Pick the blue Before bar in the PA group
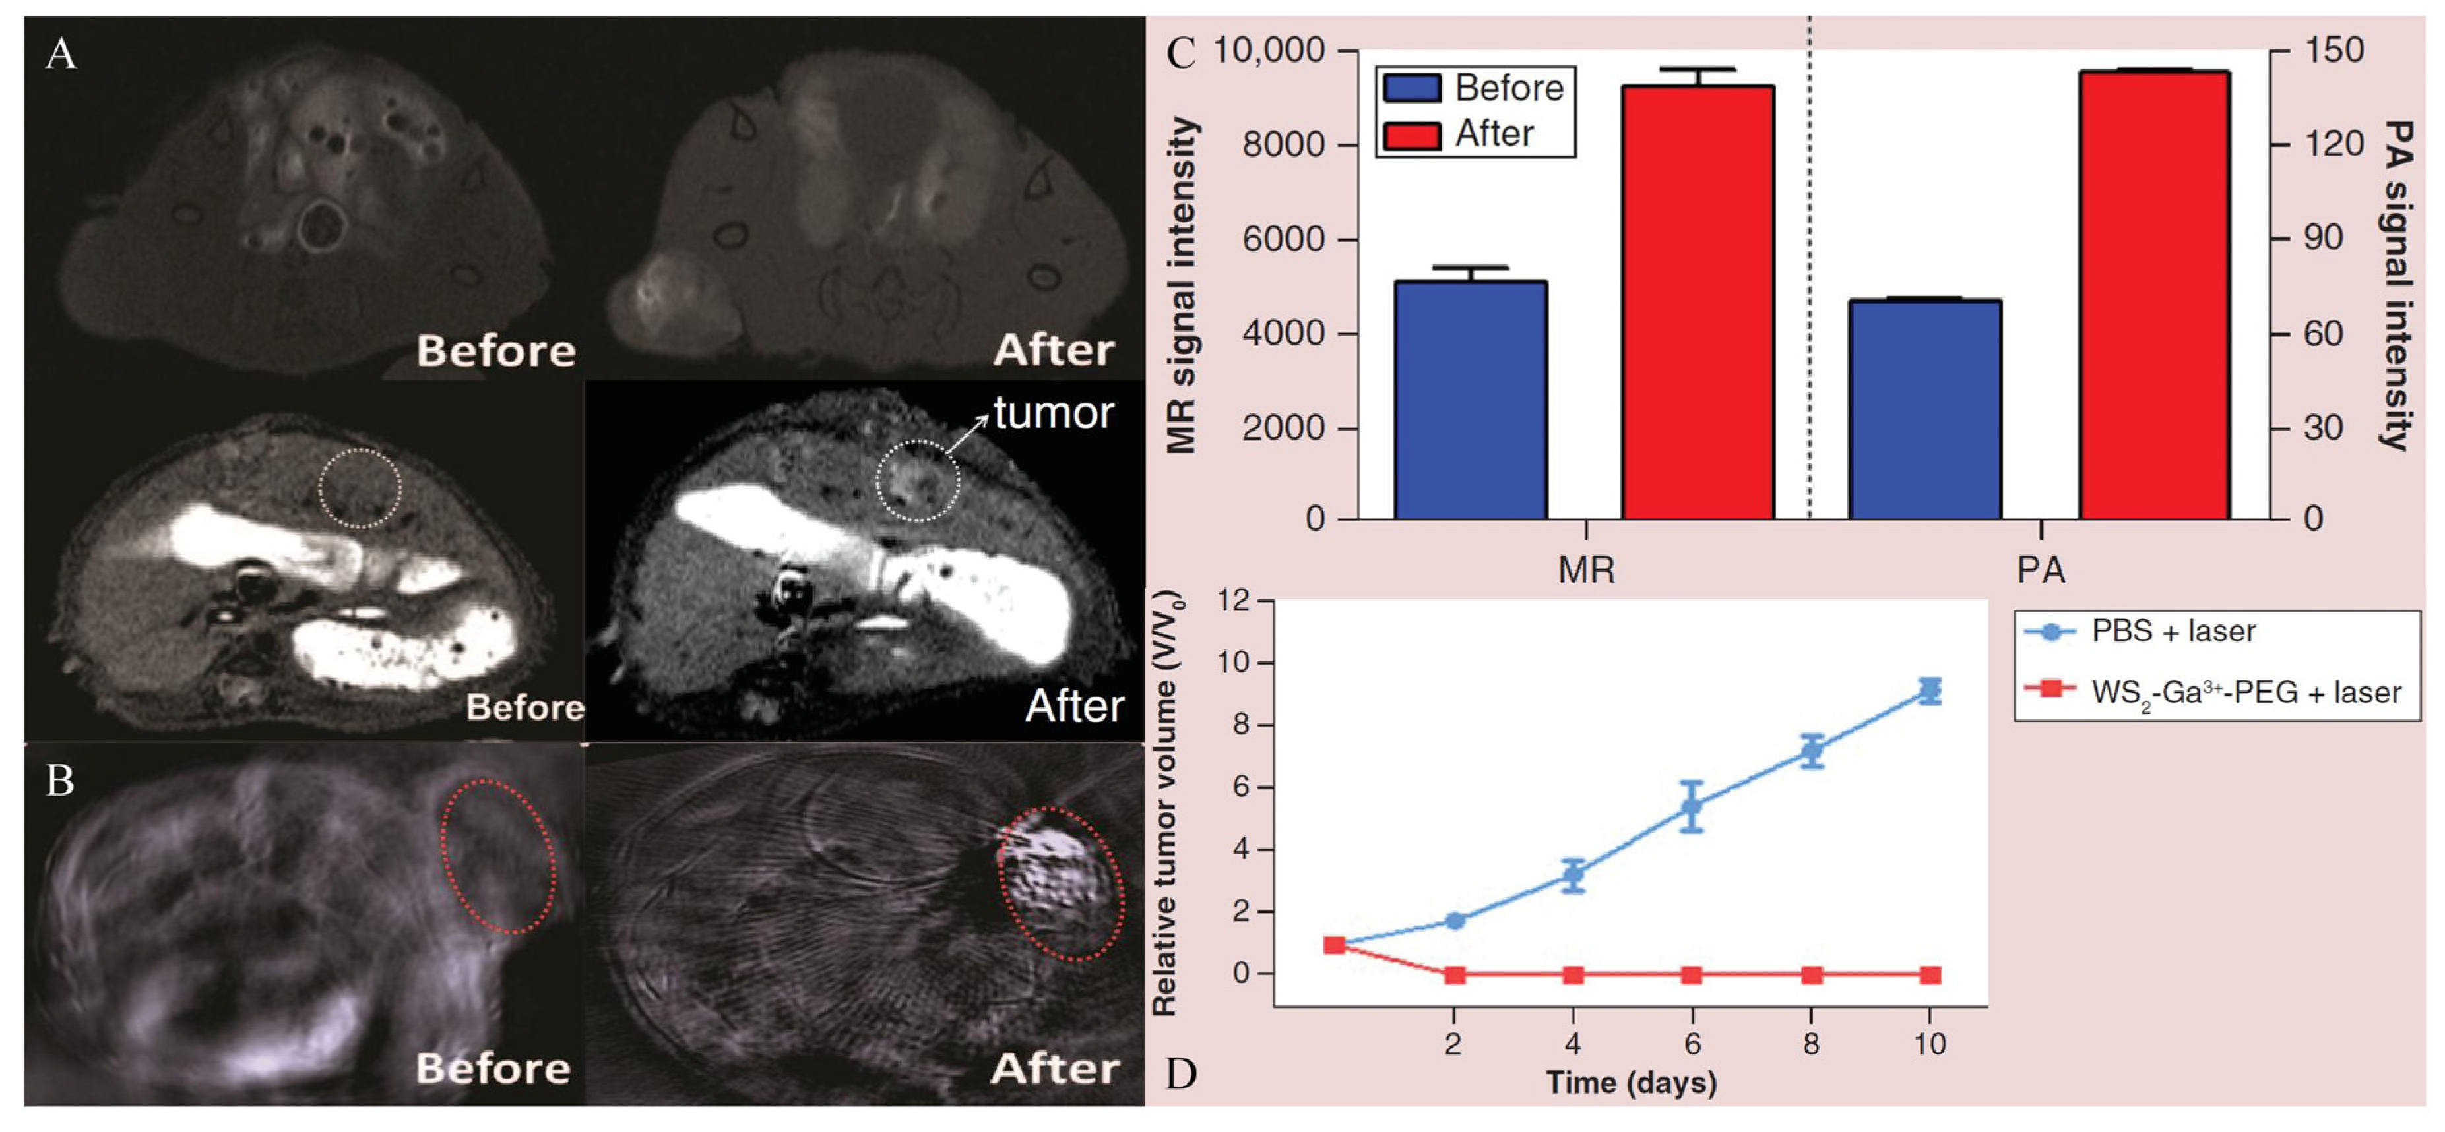pos(1925,409)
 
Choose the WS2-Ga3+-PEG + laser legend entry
pos(2244,692)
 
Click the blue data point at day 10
pos(1928,690)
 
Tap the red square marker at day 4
pos(1573,974)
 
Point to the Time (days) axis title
pos(1631,1083)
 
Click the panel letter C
pos(1181,54)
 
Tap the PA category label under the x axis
pos(2040,570)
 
